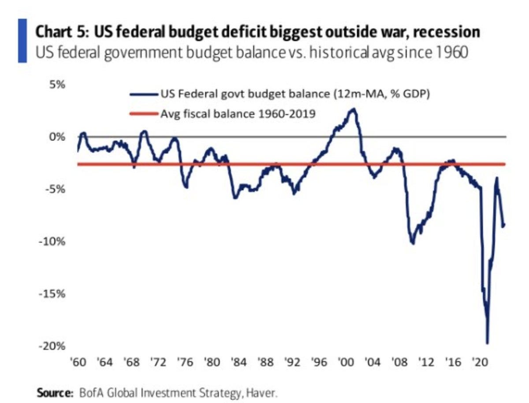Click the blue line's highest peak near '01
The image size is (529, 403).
(353, 109)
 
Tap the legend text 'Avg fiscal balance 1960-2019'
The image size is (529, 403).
(238, 113)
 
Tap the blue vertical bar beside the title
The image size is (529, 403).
(22, 41)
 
